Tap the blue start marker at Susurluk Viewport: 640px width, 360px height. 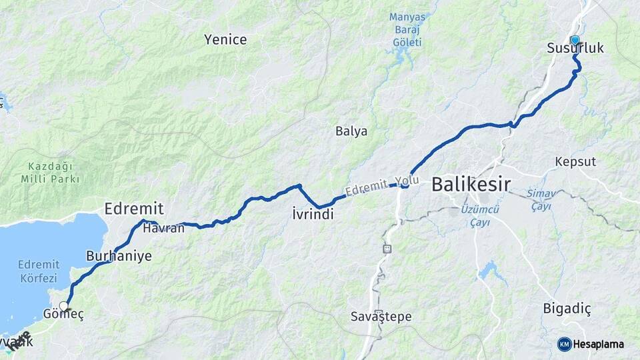pos(575,40)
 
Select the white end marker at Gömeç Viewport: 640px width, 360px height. pos(63,307)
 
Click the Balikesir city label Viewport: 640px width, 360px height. pos(471,183)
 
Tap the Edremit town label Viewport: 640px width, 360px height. pos(134,209)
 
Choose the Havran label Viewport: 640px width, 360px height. pos(163,228)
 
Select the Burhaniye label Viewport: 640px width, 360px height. pos(119,255)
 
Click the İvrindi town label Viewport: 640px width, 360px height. pos(313,214)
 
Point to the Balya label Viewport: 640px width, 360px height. pos(351,131)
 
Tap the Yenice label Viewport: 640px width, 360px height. pos(225,40)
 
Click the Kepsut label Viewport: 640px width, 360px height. pos(575,161)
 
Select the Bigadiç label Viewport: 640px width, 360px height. pos(567,309)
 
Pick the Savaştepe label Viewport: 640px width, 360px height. pos(381,317)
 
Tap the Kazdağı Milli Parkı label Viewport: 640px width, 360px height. pos(50,172)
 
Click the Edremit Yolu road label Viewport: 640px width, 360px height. pos(383,186)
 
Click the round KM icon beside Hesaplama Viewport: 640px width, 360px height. pos(564,344)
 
